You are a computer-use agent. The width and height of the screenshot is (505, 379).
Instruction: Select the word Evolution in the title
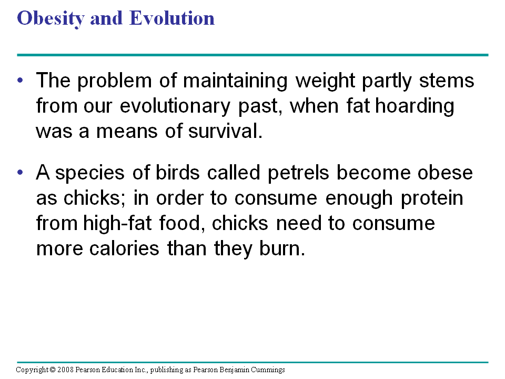(x=172, y=19)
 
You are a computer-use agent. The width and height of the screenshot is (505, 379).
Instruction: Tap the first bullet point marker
(x=21, y=81)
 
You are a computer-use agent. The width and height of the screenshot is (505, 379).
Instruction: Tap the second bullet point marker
(x=21, y=173)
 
